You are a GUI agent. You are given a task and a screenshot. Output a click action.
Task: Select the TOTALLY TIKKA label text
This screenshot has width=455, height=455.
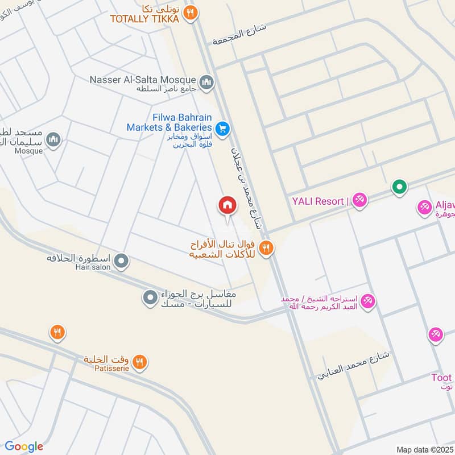(x=144, y=19)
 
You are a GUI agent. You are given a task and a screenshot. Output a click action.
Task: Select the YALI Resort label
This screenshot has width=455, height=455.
(x=318, y=201)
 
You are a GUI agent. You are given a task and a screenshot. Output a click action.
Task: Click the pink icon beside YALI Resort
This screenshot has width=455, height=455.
(x=359, y=200)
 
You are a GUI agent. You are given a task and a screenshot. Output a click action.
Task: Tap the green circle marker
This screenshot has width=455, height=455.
(x=399, y=187)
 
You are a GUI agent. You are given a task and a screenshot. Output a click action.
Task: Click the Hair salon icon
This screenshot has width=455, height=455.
(x=121, y=261)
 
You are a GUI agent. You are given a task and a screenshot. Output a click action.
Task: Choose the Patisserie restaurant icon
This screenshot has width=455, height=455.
(x=139, y=362)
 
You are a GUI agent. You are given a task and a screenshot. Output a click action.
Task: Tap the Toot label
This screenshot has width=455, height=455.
(x=441, y=378)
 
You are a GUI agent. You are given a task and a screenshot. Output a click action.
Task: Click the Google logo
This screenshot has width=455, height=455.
(x=24, y=446)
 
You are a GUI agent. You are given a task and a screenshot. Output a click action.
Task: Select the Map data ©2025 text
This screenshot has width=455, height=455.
(x=424, y=449)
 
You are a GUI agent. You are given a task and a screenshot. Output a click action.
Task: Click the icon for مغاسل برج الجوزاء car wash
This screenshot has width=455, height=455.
(x=150, y=297)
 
